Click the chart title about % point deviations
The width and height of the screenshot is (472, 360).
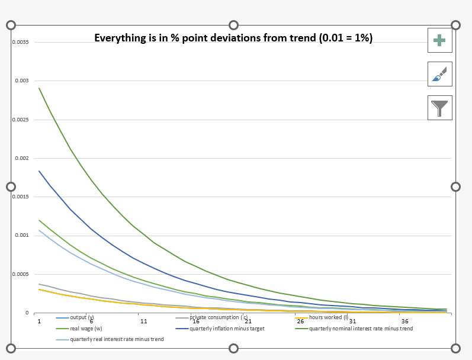pyautogui.click(x=233, y=38)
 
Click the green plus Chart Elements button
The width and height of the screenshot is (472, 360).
pyautogui.click(x=439, y=40)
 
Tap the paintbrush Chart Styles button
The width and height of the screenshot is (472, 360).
pyautogui.click(x=439, y=74)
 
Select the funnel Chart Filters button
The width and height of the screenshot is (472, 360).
pyautogui.click(x=439, y=108)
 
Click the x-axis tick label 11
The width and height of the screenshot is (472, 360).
pyautogui.click(x=144, y=320)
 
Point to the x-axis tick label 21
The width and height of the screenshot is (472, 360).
pyautogui.click(x=248, y=320)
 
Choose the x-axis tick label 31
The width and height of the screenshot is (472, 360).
pyautogui.click(x=353, y=320)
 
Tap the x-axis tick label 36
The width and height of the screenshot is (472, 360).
pyautogui.click(x=405, y=320)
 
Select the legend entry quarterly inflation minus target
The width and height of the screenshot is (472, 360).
pyautogui.click(x=227, y=328)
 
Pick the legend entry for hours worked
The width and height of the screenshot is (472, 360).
pyautogui.click(x=328, y=317)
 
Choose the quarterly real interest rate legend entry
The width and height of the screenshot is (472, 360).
pyautogui.click(x=117, y=339)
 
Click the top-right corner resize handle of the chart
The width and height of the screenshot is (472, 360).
pyautogui.click(x=455, y=25)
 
